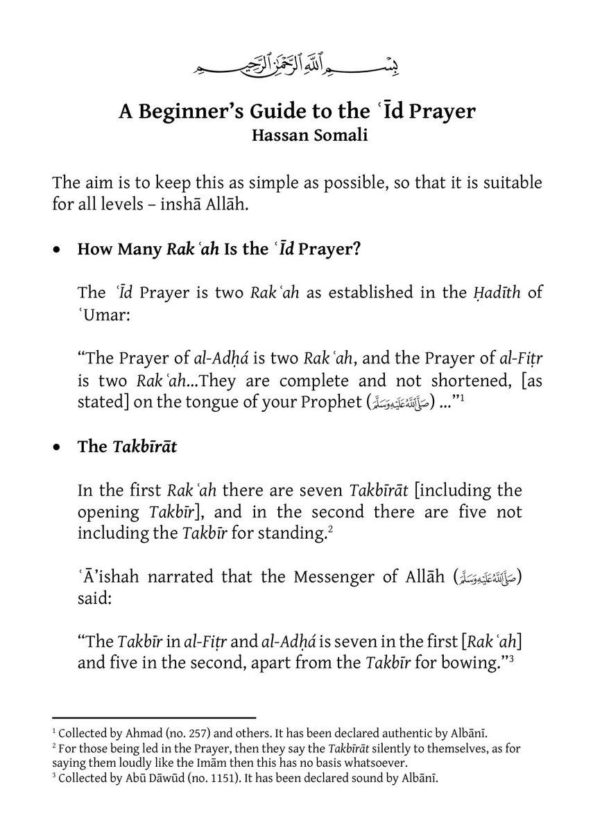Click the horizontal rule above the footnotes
tap(154, 718)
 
